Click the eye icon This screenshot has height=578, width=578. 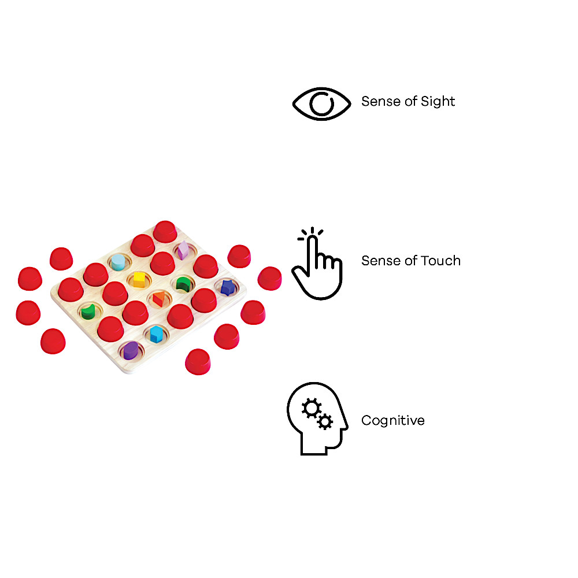(x=321, y=103)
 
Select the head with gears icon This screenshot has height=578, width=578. (x=317, y=418)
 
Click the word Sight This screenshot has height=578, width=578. (x=438, y=102)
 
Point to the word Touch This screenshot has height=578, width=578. (x=441, y=261)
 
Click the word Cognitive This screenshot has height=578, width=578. (x=393, y=421)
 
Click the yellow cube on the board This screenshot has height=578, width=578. (x=139, y=280)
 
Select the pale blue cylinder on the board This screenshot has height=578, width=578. (x=118, y=262)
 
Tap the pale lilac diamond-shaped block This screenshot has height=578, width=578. (x=183, y=250)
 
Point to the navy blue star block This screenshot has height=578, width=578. (x=228, y=287)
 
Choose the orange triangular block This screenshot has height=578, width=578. (x=159, y=299)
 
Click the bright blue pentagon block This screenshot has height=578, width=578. (x=156, y=334)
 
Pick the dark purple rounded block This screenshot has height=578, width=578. (x=131, y=351)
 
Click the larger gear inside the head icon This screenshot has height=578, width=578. (x=312, y=408)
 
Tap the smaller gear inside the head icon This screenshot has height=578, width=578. (x=325, y=421)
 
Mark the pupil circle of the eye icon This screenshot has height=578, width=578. (x=322, y=103)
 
